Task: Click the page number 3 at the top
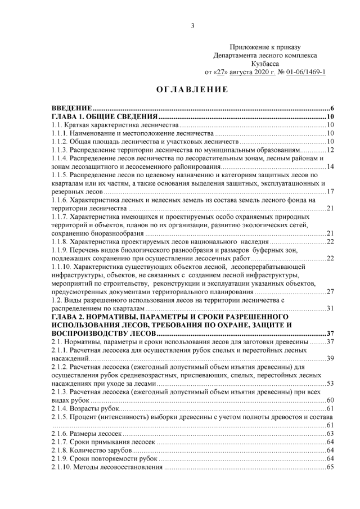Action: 192,25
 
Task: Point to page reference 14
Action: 330,166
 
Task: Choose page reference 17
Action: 330,192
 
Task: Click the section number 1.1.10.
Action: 60,267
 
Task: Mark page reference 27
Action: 330,291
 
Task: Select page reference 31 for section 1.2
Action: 330,308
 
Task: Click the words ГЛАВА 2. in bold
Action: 67,317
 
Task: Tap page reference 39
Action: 330,358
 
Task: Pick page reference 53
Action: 330,383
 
